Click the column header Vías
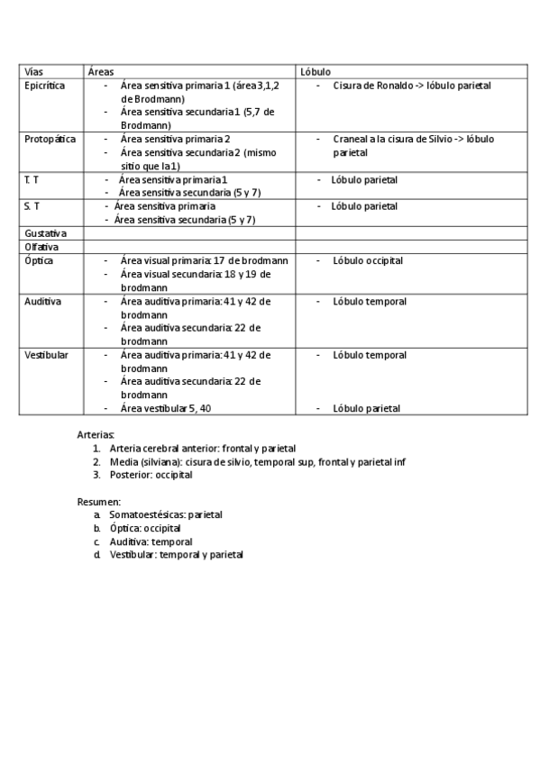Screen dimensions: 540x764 tap(33, 70)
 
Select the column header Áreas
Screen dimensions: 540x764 tap(100, 70)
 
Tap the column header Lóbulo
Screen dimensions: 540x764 tap(316, 70)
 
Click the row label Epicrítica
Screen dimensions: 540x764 tap(45, 86)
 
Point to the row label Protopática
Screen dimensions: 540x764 tap(50, 140)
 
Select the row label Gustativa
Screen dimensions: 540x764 tap(46, 233)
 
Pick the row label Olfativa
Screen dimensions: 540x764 tap(42, 247)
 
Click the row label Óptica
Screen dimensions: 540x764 tap(39, 260)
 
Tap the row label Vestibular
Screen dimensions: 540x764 tap(46, 355)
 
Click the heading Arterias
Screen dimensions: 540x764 tap(96, 434)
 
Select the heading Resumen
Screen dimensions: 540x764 tap(98, 501)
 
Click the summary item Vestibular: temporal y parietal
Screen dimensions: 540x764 tap(177, 555)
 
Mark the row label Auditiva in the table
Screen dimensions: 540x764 tap(42, 301)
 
